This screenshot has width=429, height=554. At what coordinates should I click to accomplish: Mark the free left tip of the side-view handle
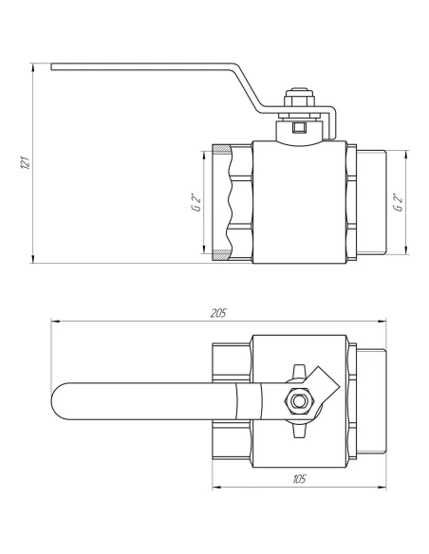pyautogui.click(x=54, y=66)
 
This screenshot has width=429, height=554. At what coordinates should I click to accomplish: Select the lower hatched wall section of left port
pyautogui.click(x=219, y=253)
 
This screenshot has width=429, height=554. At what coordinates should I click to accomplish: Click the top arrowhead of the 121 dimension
pyautogui.click(x=34, y=66)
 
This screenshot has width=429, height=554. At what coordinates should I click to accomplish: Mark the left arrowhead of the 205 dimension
pyautogui.click(x=53, y=323)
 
